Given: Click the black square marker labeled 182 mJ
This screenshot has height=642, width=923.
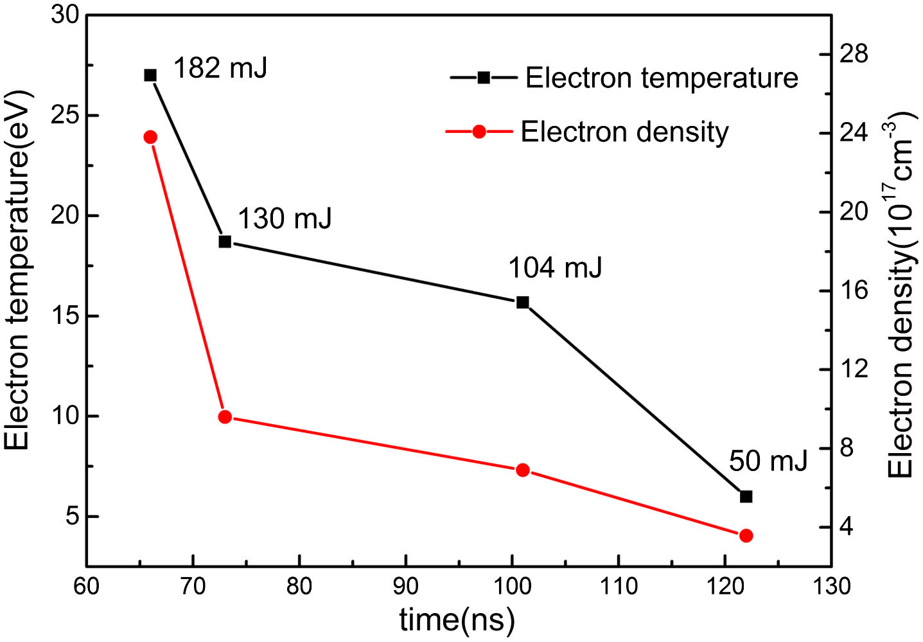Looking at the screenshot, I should coord(150,75).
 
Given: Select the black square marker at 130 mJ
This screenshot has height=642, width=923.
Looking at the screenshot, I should coord(225,242).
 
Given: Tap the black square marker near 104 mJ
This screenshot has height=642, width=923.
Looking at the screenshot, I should coord(523,302).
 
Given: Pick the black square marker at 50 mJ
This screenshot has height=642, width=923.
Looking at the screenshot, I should coord(746,496).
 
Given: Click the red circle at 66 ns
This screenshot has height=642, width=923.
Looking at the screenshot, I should coord(151,137).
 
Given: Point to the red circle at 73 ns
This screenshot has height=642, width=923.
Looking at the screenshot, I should coord(225,416).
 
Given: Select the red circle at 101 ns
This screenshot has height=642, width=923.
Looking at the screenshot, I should coord(523,470).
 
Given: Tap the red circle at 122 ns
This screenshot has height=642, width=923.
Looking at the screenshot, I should coord(746,535).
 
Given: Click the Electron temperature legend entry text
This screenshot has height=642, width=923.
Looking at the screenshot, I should coord(662,78).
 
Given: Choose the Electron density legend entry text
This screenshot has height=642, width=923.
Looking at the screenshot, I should coord(624,132).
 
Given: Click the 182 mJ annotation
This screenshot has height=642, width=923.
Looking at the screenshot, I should coord(220,67).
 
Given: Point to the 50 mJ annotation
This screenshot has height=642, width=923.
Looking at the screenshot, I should coord(768,461).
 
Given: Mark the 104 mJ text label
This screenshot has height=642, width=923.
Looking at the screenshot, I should coord(556,267).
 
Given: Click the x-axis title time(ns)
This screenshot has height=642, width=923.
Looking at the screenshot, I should coord(457,620).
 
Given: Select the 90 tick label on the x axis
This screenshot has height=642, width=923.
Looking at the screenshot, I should coord(405,586).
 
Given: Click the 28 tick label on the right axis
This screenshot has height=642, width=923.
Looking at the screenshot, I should coord(854,54).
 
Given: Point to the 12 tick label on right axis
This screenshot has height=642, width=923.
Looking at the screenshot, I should coord(854,369).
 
